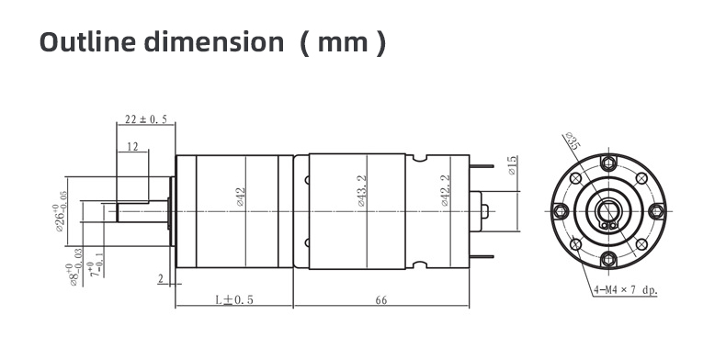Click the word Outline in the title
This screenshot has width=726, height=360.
(x=87, y=41)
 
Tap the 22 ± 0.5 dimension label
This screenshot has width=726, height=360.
(x=146, y=119)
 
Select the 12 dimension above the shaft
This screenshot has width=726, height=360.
(x=132, y=147)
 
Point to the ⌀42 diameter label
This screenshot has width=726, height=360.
(x=240, y=197)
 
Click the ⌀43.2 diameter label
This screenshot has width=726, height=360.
(x=361, y=191)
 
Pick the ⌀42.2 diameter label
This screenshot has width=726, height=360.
(x=446, y=190)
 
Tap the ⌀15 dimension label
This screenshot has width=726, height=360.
(x=512, y=165)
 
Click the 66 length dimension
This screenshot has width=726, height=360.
(x=381, y=300)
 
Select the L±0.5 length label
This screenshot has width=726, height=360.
(x=234, y=299)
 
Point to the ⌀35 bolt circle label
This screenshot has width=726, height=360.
(x=573, y=141)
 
